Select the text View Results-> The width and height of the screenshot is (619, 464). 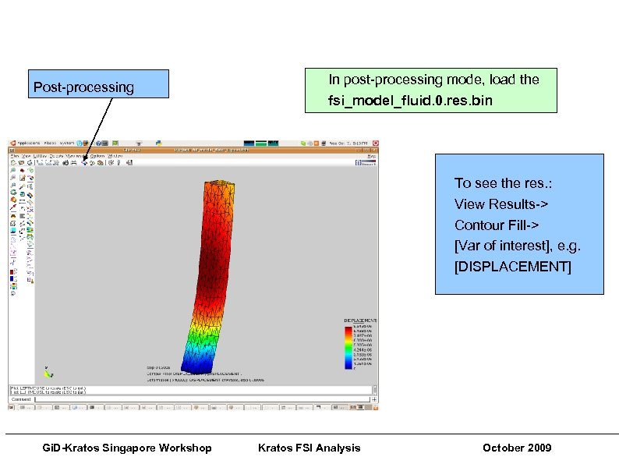tap(501, 204)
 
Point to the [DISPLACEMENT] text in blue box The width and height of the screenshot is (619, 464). tap(512, 267)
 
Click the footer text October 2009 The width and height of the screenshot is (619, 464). tap(516, 447)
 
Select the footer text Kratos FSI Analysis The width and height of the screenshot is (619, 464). tap(309, 447)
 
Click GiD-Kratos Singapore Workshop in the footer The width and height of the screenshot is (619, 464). tap(126, 447)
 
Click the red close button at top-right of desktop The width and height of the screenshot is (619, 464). tap(375, 143)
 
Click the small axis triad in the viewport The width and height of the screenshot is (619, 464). tap(48, 373)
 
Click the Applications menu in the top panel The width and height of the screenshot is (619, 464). tap(30, 143)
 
